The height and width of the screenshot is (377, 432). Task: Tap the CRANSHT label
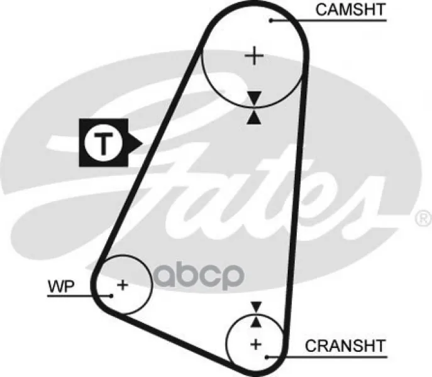(345, 346)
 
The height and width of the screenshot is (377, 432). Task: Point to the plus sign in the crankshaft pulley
(255, 344)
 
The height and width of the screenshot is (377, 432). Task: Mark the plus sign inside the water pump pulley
(123, 285)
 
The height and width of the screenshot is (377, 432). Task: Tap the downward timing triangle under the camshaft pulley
(253, 97)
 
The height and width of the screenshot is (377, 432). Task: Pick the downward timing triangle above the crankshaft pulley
(255, 307)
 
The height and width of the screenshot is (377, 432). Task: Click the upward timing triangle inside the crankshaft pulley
(255, 321)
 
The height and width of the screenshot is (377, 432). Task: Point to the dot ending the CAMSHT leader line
(271, 21)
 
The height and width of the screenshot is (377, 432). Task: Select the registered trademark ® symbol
(423, 219)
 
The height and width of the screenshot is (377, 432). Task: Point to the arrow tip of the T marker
(142, 143)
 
